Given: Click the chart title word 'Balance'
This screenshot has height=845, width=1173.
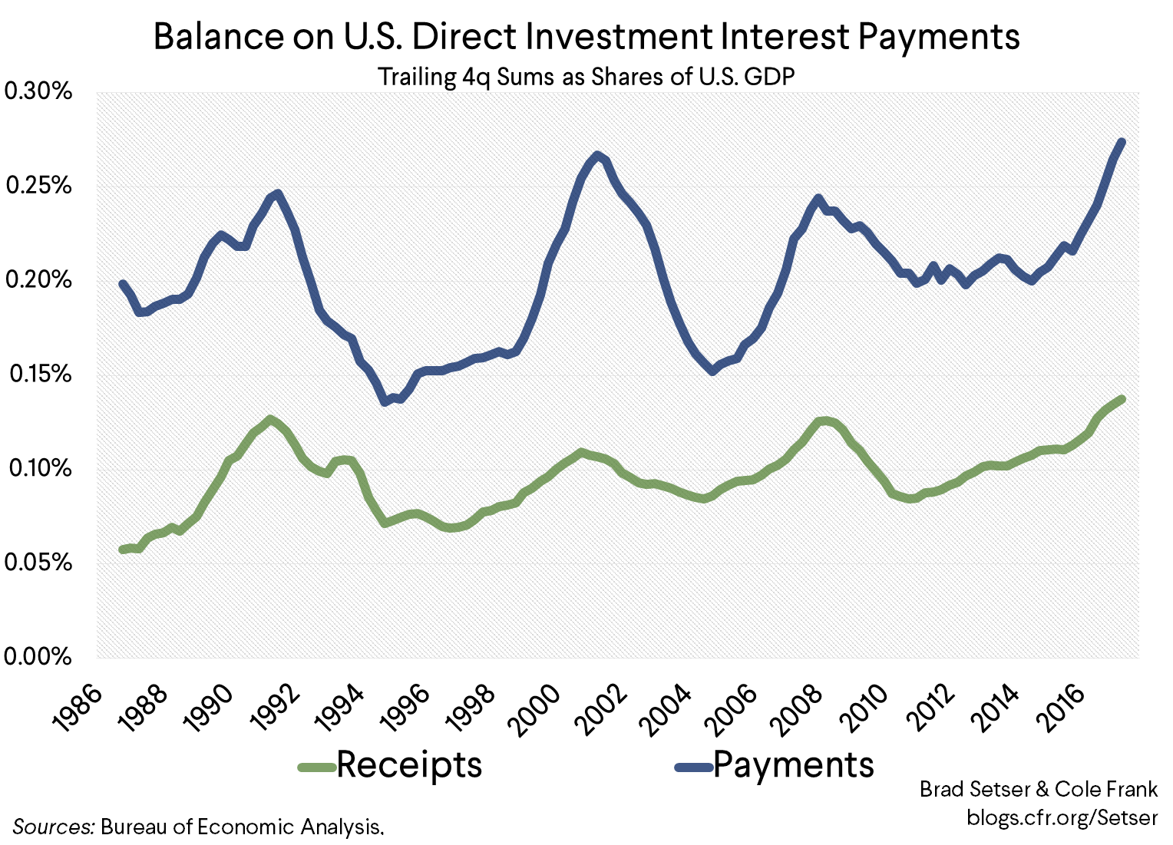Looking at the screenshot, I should [x=219, y=37].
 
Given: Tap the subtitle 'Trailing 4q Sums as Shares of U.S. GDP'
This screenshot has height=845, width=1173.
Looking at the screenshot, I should [x=586, y=77].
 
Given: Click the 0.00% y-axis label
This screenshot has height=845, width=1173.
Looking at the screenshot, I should [x=38, y=657].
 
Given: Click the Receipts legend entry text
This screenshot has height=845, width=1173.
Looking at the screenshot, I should [x=409, y=764].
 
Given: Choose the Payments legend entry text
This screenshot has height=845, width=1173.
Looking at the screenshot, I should [x=794, y=764].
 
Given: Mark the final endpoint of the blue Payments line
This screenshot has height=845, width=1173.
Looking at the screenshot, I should [x=1122, y=142].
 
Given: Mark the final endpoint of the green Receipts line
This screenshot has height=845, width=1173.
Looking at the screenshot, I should [x=1122, y=399].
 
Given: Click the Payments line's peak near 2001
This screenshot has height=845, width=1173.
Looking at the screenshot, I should [x=597, y=155].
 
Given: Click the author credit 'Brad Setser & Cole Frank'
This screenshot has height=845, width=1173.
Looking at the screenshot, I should [x=1039, y=789].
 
